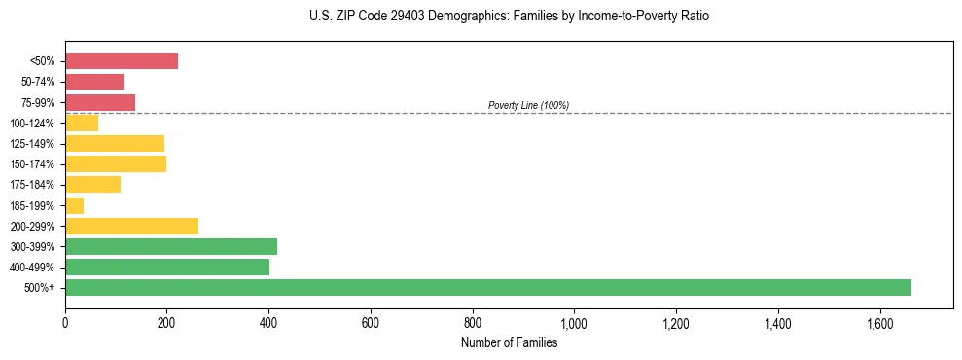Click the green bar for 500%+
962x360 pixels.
487,287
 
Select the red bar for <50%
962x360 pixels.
122,60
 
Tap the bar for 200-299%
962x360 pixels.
131,226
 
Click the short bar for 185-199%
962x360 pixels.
74,205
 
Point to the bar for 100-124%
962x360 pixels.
82,123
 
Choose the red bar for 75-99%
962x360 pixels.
100,102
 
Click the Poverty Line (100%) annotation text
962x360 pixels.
528,105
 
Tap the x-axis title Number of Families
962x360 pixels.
509,342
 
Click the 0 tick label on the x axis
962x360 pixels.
65,323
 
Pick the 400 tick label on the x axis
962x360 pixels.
268,323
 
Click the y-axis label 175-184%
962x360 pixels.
34,185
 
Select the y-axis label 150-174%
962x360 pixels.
34,164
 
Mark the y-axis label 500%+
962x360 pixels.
41,288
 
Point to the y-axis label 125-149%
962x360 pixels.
34,144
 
